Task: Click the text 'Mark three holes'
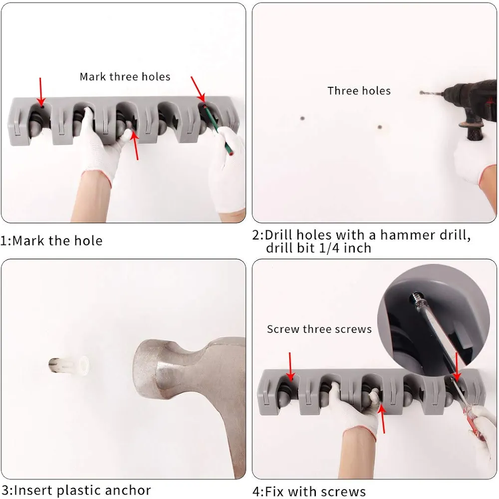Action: point(125,77)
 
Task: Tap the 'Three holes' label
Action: point(359,91)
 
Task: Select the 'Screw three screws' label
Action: point(319,329)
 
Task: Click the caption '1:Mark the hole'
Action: point(51,241)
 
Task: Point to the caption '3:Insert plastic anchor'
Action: point(76,490)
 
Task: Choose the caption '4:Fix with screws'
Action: point(309,492)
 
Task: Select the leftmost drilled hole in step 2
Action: point(302,118)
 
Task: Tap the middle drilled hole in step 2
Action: point(380,127)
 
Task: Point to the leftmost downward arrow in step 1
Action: point(40,91)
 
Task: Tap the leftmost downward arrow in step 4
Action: point(290,366)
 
